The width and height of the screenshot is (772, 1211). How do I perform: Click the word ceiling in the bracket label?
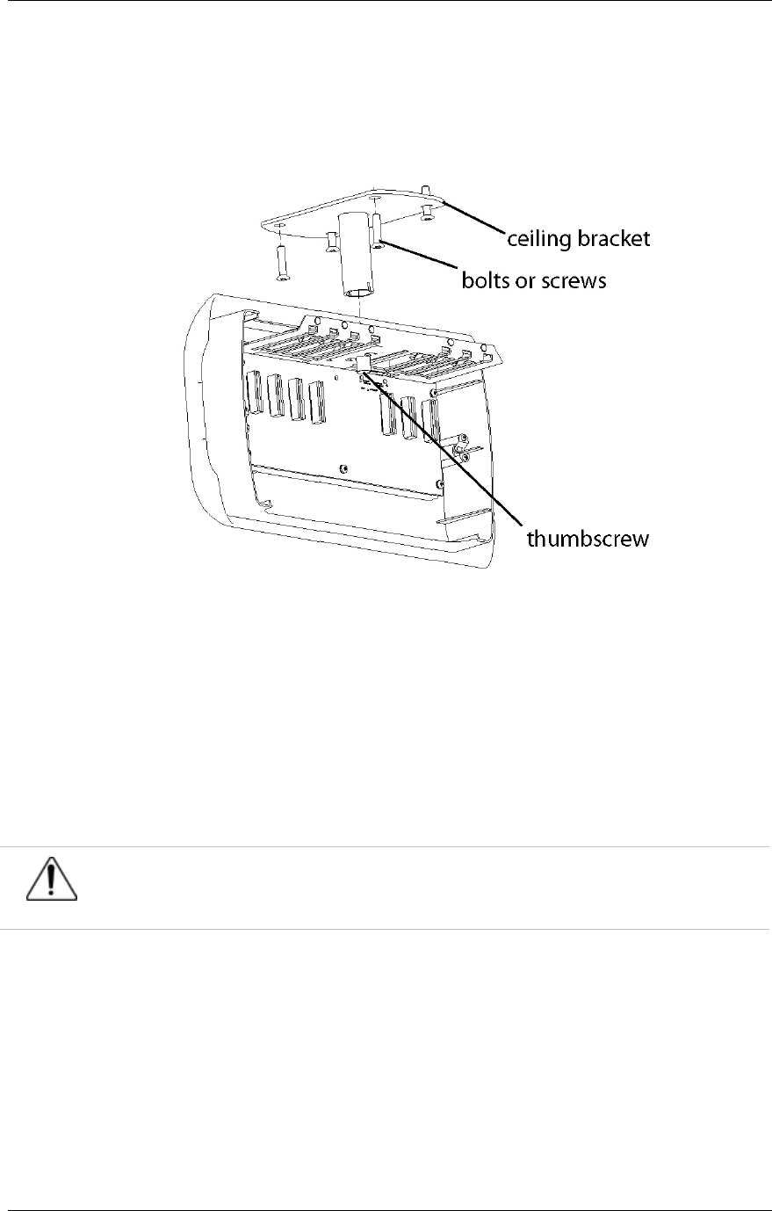coord(536,239)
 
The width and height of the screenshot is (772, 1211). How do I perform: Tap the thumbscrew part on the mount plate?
coord(363,365)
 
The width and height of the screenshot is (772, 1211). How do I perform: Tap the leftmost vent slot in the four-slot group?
coord(254,397)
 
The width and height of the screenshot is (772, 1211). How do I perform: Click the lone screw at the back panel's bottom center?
coord(343,468)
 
